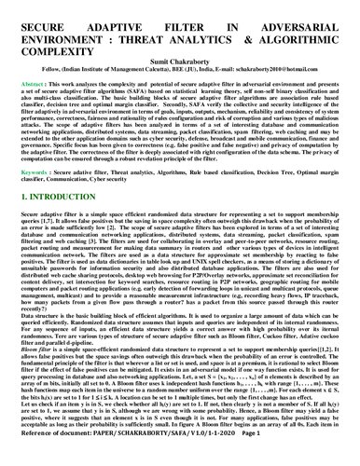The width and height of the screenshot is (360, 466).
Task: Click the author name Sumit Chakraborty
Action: (x=179, y=57)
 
